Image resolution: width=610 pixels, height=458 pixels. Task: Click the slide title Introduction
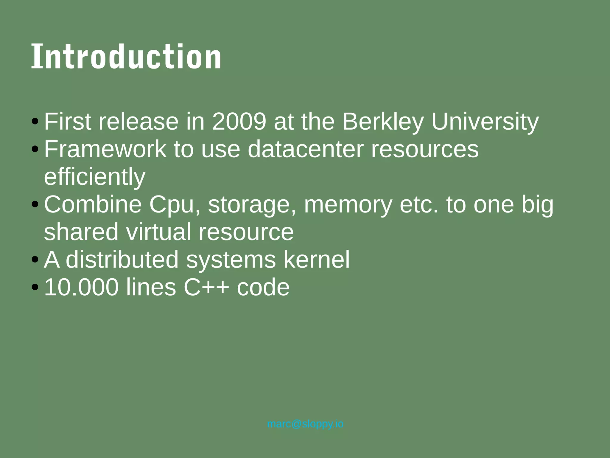tap(126, 57)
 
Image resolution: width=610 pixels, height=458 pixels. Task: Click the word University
tap(485, 122)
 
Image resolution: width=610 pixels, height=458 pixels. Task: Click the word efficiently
tap(95, 177)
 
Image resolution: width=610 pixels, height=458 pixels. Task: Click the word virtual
tap(158, 232)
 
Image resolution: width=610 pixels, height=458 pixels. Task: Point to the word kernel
tap(317, 260)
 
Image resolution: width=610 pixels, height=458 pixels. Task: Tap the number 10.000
tap(81, 287)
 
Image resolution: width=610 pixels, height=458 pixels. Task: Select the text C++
tap(206, 287)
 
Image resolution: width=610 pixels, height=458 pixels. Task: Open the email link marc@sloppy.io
tap(305, 424)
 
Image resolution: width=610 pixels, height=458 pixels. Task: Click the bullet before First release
tap(35, 122)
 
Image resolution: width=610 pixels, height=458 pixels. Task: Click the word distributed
tap(122, 260)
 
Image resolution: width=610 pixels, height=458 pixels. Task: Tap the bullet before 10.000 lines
tap(35, 287)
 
